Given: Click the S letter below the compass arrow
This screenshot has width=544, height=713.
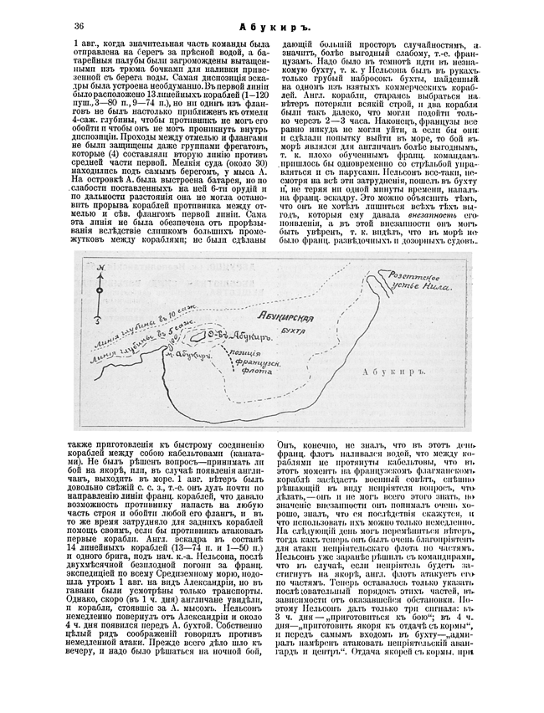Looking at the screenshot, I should click(x=99, y=320).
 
